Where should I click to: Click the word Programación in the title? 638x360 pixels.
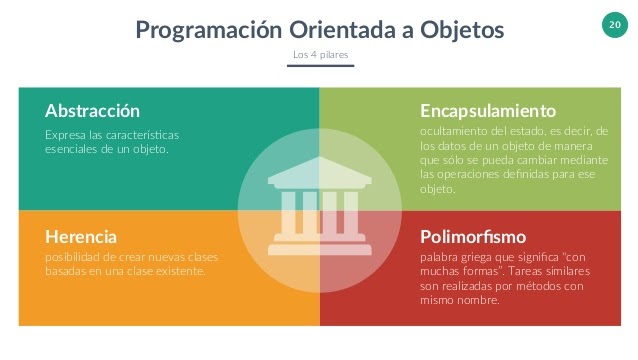pyautogui.click(x=203, y=30)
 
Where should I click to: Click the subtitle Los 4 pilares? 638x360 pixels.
pyautogui.click(x=320, y=54)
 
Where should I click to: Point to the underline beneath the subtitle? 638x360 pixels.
pyautogui.click(x=320, y=66)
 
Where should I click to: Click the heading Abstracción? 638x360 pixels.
pyautogui.click(x=93, y=110)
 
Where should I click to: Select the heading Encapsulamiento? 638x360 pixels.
pyautogui.click(x=488, y=110)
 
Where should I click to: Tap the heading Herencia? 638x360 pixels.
pyautogui.click(x=81, y=236)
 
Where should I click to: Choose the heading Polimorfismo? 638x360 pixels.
pyautogui.click(x=473, y=237)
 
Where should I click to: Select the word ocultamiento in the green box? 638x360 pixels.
pyautogui.click(x=454, y=132)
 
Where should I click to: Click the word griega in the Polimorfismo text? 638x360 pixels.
pyautogui.click(x=482, y=257)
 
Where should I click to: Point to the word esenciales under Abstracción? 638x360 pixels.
pyautogui.click(x=75, y=148)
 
